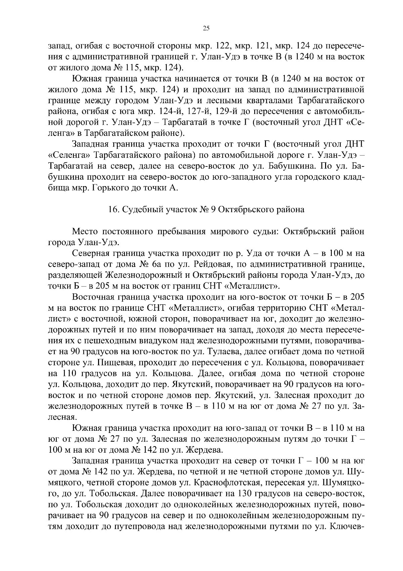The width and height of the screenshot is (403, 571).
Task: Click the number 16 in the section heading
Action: coord(112,210)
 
